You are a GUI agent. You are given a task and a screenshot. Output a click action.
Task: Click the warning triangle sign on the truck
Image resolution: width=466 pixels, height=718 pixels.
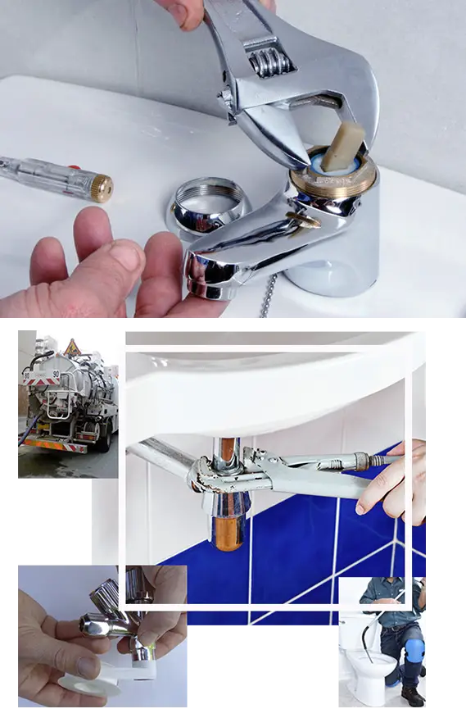(x=72, y=347)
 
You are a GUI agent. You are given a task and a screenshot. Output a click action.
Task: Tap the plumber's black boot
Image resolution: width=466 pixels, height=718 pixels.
(x=412, y=695)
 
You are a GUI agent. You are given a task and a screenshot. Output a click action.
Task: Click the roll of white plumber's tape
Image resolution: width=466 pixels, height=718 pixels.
(x=86, y=684)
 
